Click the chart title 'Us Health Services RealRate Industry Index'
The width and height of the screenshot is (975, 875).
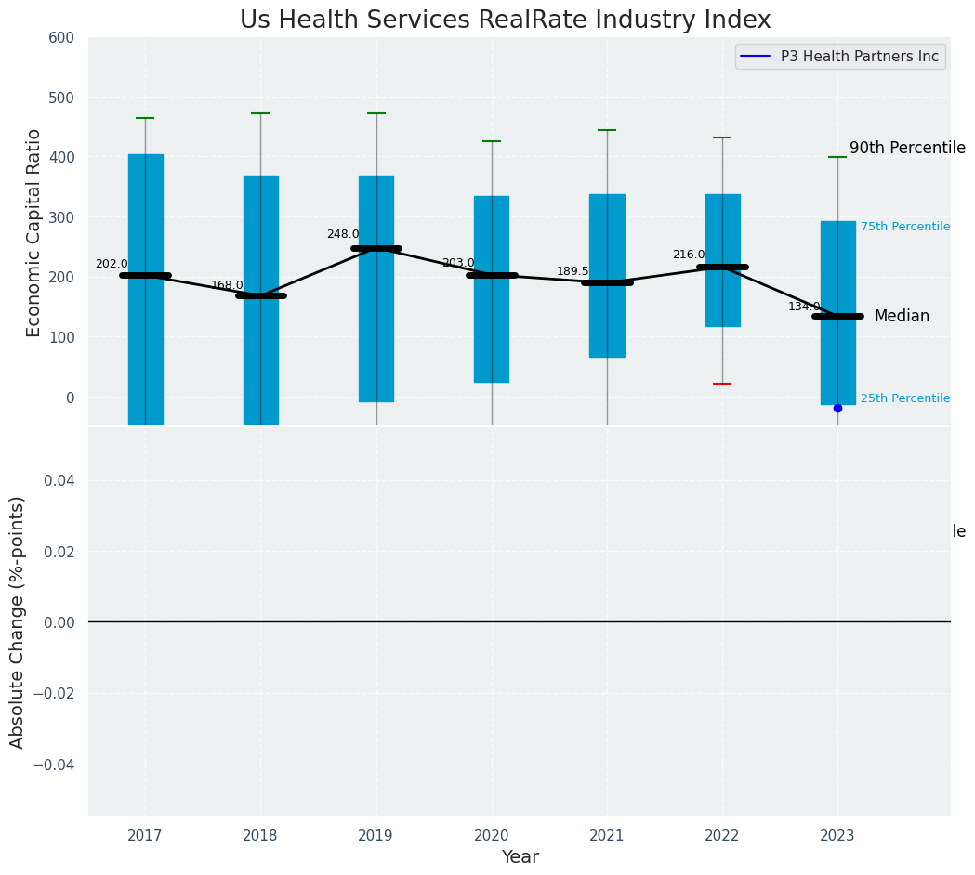click(x=505, y=20)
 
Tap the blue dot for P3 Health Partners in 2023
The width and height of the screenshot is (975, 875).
click(x=837, y=408)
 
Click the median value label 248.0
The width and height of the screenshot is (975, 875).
click(x=343, y=234)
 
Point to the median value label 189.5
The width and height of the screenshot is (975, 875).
click(x=573, y=271)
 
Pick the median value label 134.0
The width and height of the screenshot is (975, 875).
click(x=804, y=307)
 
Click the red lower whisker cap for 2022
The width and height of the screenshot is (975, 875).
click(x=722, y=384)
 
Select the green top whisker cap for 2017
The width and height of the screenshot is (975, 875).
click(x=145, y=118)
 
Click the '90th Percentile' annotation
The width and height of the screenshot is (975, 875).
click(x=907, y=148)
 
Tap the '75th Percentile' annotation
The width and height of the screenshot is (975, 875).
click(x=905, y=227)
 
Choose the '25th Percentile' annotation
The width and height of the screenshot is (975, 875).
click(x=905, y=398)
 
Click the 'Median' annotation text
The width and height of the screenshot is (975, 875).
click(x=902, y=316)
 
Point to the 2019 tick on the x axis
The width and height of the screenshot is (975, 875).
click(x=376, y=836)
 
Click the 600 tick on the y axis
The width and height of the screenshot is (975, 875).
click(x=62, y=38)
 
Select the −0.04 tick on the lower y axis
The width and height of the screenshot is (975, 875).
click(x=56, y=764)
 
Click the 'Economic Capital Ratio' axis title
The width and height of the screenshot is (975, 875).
click(x=34, y=232)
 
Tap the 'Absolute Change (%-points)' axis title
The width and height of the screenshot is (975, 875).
click(x=18, y=621)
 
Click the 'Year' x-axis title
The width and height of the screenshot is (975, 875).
click(x=520, y=857)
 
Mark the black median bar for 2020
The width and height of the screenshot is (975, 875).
click(x=492, y=275)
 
